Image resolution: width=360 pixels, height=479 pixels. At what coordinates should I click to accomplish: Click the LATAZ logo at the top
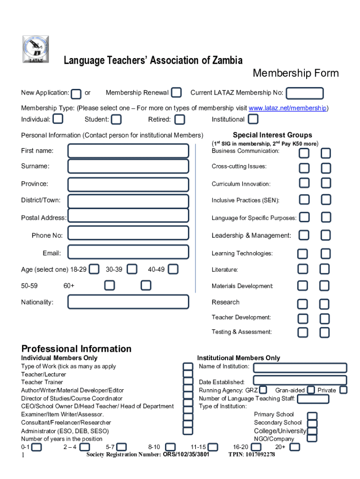coord(36,50)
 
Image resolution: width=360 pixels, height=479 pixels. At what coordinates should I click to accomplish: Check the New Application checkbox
coord(77,94)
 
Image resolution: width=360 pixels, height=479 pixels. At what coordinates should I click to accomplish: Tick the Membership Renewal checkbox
coord(176,93)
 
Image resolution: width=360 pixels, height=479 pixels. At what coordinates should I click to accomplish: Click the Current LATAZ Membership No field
coord(304,93)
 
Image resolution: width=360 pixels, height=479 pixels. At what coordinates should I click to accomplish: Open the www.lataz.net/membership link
coord(287,109)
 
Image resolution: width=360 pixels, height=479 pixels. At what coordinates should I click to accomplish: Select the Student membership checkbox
coord(116,119)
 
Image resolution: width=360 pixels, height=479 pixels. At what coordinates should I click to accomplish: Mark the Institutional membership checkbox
coord(253,119)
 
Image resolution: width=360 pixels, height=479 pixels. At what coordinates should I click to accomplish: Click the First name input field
coord(128,151)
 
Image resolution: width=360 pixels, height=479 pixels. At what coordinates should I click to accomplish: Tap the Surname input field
coord(128,166)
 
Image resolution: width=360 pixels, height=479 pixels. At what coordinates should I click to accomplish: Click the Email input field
coord(128,253)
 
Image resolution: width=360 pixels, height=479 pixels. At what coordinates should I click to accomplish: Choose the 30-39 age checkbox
coord(132,269)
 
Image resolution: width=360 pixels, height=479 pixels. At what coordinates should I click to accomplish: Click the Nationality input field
coord(128,302)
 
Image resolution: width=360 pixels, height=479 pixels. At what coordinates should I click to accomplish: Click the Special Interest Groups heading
coord(266,135)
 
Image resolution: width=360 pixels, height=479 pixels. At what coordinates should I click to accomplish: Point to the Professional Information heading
coord(77,349)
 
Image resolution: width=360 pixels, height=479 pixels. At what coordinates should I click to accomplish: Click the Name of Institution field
coord(300,368)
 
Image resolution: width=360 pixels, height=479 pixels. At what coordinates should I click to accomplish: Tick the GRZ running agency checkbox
coord(263,390)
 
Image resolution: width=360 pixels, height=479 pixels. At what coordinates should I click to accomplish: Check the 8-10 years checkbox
coord(171,447)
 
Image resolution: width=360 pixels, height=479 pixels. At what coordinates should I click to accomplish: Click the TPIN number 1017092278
coord(252,455)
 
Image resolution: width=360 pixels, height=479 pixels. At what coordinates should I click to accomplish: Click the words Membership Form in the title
coord(295,73)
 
